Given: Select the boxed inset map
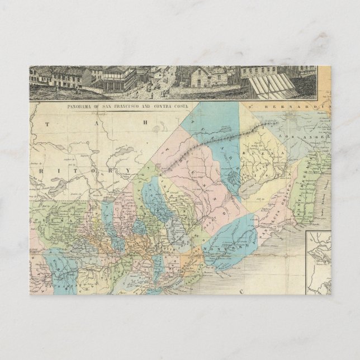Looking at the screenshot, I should point(319,263).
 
